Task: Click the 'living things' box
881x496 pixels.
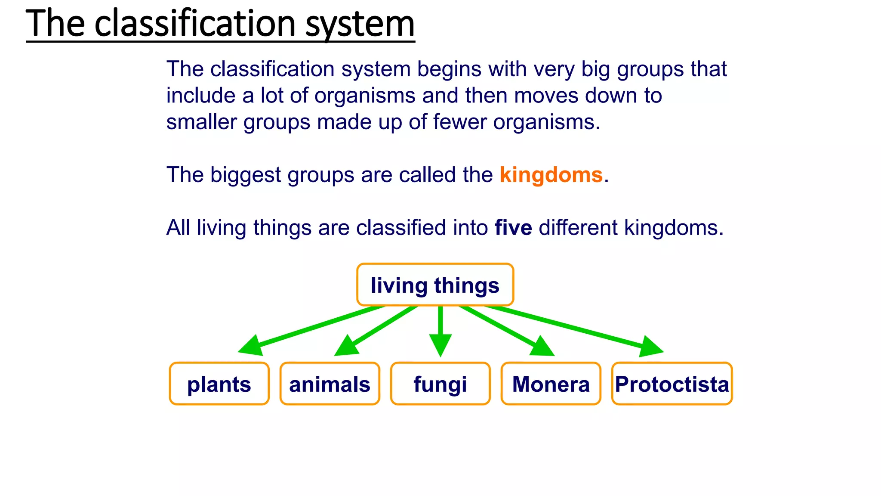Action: click(x=435, y=285)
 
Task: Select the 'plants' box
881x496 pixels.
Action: click(x=219, y=384)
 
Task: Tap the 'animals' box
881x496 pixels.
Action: click(x=330, y=384)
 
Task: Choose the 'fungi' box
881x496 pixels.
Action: click(x=440, y=384)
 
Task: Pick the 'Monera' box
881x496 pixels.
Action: click(x=551, y=384)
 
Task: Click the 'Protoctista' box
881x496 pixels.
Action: click(x=672, y=384)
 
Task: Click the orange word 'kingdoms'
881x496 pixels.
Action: click(x=551, y=175)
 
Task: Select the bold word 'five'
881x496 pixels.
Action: click(x=513, y=227)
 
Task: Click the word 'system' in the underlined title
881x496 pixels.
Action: click(x=360, y=24)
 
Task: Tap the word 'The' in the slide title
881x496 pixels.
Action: click(x=55, y=24)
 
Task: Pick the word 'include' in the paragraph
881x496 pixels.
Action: click(x=201, y=96)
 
